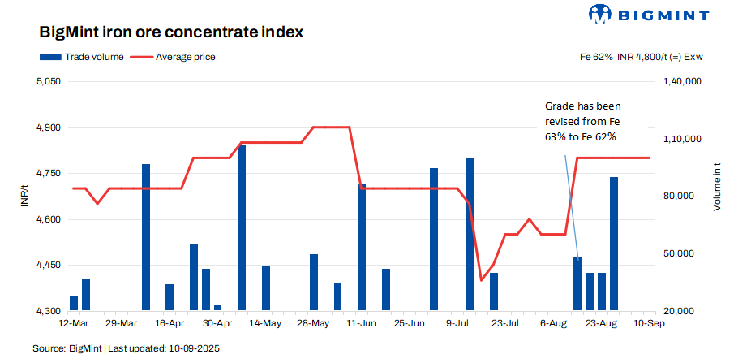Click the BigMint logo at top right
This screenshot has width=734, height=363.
[x=649, y=14]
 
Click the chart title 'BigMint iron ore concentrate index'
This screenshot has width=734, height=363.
[x=171, y=33]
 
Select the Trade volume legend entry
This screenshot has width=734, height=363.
[x=81, y=57]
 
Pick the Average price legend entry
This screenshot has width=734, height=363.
[x=173, y=57]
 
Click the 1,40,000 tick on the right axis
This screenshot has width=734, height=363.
[x=682, y=82]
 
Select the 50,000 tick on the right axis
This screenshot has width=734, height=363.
[x=680, y=254]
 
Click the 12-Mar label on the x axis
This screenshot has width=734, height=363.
[x=74, y=322]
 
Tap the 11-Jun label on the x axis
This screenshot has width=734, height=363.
[x=362, y=322]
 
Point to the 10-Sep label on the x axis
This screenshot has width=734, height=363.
[x=650, y=322]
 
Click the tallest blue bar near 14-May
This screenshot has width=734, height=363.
[x=242, y=227]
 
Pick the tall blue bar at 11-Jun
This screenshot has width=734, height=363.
[x=362, y=247]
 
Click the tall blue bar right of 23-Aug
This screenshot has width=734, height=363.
[x=614, y=244]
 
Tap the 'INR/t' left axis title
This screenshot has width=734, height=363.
[x=24, y=197]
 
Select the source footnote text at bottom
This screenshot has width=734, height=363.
[x=126, y=348]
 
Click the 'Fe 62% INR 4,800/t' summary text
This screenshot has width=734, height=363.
[x=641, y=57]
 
